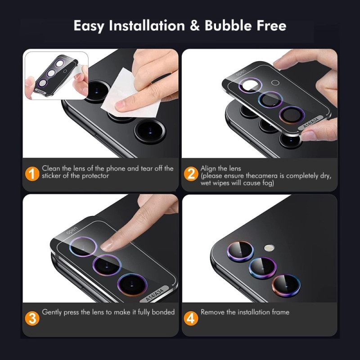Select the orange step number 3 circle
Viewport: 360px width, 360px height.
[31, 318]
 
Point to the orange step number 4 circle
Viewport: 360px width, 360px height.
[190, 318]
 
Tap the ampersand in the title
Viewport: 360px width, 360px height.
[195, 26]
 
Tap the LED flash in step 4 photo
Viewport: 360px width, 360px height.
[269, 247]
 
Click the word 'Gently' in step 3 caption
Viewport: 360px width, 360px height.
[52, 312]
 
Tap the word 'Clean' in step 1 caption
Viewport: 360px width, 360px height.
[51, 168]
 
